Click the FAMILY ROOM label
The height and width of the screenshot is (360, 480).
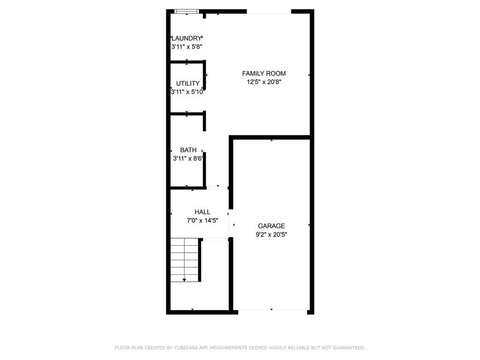click(263, 73)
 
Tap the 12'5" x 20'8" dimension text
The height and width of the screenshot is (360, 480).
click(263, 82)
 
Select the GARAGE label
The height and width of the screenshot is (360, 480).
click(271, 226)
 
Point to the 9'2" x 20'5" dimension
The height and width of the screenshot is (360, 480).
click(271, 234)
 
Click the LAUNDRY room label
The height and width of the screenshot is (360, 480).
click(187, 38)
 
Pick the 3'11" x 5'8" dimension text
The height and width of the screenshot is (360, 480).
click(187, 47)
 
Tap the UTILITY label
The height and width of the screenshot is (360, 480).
click(187, 83)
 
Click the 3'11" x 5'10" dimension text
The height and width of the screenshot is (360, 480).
click(187, 92)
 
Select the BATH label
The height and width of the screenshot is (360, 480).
click(188, 150)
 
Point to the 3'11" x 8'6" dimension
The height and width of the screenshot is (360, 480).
click(188, 158)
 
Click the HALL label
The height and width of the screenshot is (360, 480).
click(202, 212)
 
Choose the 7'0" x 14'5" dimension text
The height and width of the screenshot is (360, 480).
click(202, 220)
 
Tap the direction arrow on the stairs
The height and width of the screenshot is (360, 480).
click(184, 279)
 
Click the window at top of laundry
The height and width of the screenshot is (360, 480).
click(187, 11)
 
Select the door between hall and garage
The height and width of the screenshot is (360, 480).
click(231, 223)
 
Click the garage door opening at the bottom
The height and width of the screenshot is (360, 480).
click(271, 311)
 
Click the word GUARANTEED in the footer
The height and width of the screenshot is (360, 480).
click(347, 348)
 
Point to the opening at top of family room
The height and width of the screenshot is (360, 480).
click(269, 12)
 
